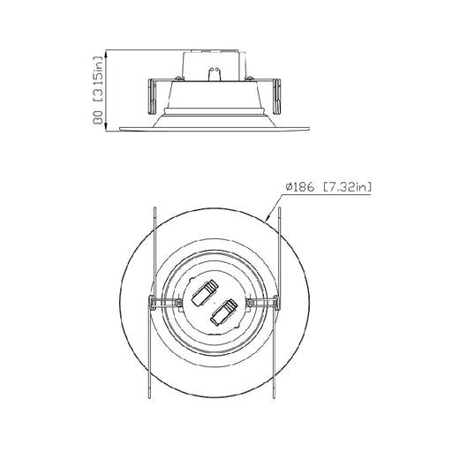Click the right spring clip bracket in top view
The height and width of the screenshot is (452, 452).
[262, 304]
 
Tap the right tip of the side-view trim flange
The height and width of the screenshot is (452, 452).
[312, 131]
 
